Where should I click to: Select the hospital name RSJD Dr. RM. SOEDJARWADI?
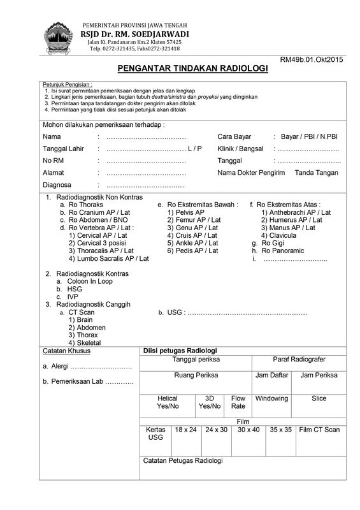134,33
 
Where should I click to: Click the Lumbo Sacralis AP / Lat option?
108,259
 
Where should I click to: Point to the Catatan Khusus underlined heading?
66,351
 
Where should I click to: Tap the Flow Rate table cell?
238,402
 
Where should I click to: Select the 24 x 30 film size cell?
217,430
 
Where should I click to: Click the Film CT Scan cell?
319,430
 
